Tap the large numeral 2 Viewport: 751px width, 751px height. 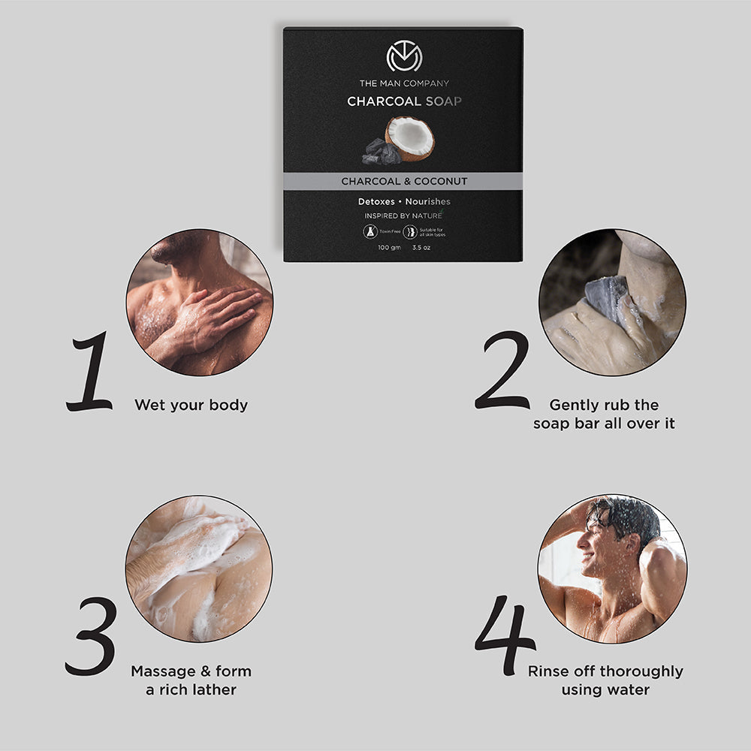(x=502, y=370)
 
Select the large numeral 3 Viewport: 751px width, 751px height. (x=91, y=636)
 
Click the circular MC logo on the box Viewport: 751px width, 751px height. (x=404, y=57)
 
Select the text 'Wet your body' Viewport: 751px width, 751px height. (x=191, y=406)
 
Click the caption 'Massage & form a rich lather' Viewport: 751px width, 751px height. (x=191, y=680)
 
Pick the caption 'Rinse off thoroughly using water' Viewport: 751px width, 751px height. (x=605, y=680)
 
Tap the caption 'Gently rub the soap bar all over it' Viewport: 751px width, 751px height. (x=604, y=415)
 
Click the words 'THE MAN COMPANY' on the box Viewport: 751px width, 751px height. (x=404, y=83)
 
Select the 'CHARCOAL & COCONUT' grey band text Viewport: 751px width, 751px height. (x=404, y=182)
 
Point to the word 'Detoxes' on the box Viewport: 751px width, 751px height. (x=376, y=202)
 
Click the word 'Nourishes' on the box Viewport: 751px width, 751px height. (x=428, y=202)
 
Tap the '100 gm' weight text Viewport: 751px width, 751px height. (x=390, y=246)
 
